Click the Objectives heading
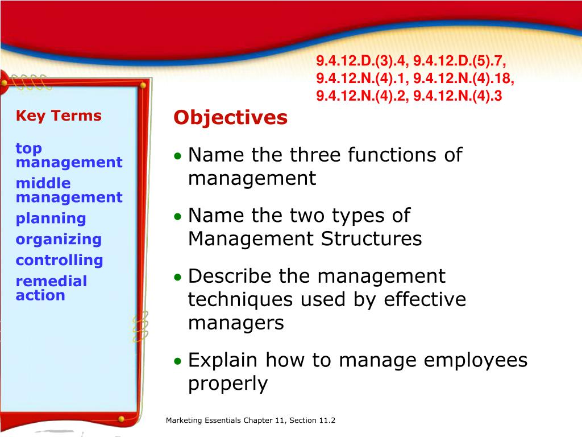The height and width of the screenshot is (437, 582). (230, 118)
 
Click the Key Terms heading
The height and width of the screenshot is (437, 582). (59, 116)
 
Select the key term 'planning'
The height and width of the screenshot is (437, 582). (51, 218)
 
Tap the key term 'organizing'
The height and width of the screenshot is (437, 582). (59, 240)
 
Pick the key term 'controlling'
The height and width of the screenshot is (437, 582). (59, 261)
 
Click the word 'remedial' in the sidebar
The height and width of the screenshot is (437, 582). (51, 281)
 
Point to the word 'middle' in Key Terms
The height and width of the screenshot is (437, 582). (43, 183)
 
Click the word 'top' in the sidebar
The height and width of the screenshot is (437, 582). (28, 149)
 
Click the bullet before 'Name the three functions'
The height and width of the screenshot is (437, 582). (178, 156)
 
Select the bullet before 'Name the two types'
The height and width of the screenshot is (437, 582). (178, 217)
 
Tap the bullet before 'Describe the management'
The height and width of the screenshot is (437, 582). (178, 278)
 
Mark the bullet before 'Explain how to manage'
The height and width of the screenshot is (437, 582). (178, 361)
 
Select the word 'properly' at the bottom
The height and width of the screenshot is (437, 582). (227, 384)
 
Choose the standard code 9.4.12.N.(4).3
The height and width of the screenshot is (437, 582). (458, 96)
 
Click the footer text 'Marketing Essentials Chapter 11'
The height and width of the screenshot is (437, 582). (226, 420)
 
